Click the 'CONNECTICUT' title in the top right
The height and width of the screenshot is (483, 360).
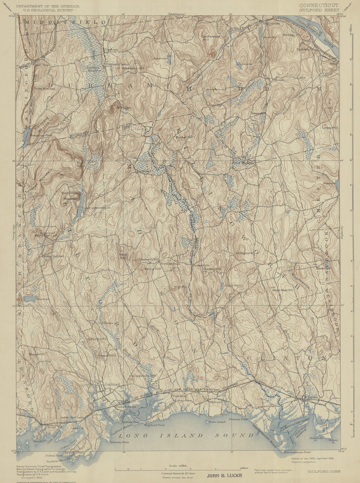(318, 5)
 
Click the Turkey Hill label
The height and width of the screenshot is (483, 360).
(329, 127)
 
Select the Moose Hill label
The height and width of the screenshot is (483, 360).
(36, 354)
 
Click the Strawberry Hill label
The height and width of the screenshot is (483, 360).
(132, 68)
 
